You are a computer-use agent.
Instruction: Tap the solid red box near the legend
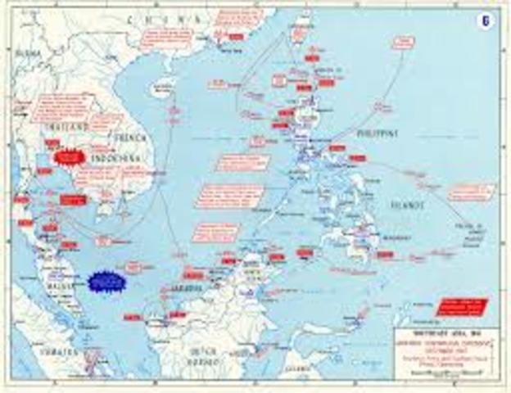[x=461, y=307]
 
